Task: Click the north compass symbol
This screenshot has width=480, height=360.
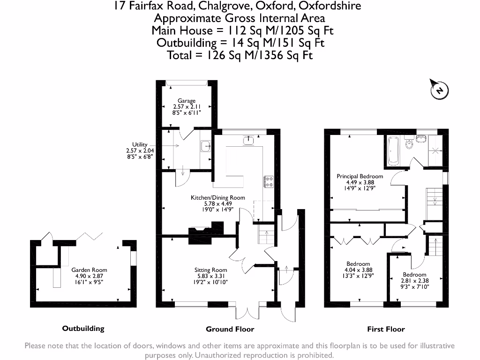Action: coord(439,90)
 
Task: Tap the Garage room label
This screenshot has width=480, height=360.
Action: coord(187,101)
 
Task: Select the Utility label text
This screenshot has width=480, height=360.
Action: coord(140,145)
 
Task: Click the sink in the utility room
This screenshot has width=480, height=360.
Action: coord(205,147)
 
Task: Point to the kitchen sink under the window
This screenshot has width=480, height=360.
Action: coord(248,140)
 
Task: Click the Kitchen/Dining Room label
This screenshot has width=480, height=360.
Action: coord(217,198)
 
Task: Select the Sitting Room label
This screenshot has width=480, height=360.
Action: coord(211,270)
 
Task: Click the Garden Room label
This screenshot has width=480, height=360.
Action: coord(89,270)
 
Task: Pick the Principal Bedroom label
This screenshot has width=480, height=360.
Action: coord(360,176)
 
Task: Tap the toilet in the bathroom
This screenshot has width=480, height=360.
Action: coord(408,143)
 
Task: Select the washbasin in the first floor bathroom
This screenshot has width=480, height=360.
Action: coord(422,138)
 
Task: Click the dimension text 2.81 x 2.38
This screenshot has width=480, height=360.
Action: coord(415,281)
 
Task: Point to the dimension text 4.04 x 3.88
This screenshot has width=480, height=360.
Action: coord(358,270)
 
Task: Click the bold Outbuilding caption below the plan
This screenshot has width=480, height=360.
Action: coord(83,329)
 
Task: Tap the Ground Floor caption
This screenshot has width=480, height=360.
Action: coord(230,329)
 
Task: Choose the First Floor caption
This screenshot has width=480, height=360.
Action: coord(386,329)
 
